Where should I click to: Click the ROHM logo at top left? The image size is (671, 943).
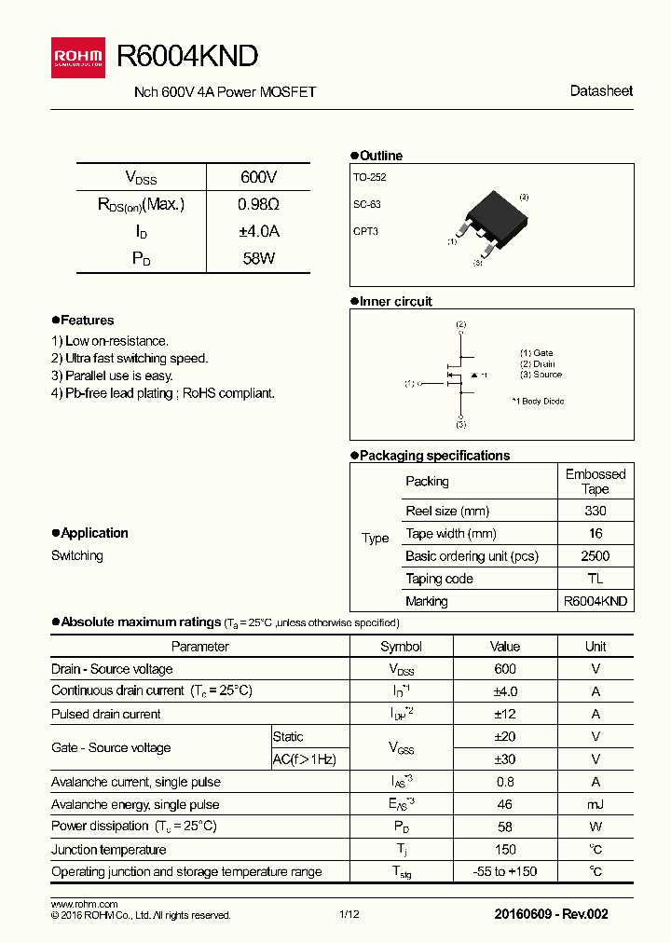coord(80,58)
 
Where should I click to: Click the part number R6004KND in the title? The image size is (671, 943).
coord(186,57)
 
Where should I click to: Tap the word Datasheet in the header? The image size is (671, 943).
coord(601,91)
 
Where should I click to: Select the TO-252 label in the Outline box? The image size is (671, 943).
coord(369,177)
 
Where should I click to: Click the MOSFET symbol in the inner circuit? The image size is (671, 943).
coord(457,376)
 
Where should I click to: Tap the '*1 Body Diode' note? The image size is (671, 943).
coord(538,402)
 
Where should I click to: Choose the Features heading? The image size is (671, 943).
coord(87,321)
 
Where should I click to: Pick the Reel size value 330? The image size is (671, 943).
coord(595,511)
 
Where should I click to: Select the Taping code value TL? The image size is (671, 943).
coord(595,579)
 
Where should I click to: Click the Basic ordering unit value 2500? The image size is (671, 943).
coord(595,556)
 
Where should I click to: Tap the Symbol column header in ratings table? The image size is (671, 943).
coord(401,647)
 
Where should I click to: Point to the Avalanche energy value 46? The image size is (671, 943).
coord(504,804)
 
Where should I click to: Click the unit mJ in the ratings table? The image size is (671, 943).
coord(595,804)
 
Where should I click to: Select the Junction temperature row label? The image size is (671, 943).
coord(108,850)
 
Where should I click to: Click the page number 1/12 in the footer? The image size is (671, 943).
coord(349,915)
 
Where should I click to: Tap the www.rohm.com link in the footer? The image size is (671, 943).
coord(84,905)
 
